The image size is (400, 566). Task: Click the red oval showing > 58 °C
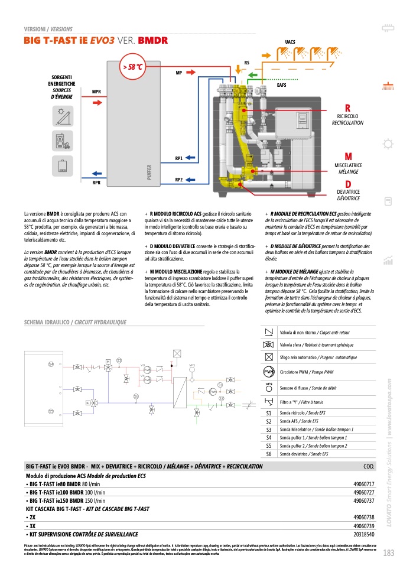133,67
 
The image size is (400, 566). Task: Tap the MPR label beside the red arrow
96,92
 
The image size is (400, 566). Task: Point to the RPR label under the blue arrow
96,183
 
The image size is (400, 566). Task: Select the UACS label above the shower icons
290,42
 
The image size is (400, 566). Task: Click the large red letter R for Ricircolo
348,108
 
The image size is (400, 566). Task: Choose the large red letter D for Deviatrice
348,184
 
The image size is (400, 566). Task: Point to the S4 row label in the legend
269,438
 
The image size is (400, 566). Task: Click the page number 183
388,553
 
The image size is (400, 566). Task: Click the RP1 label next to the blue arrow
178,158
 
